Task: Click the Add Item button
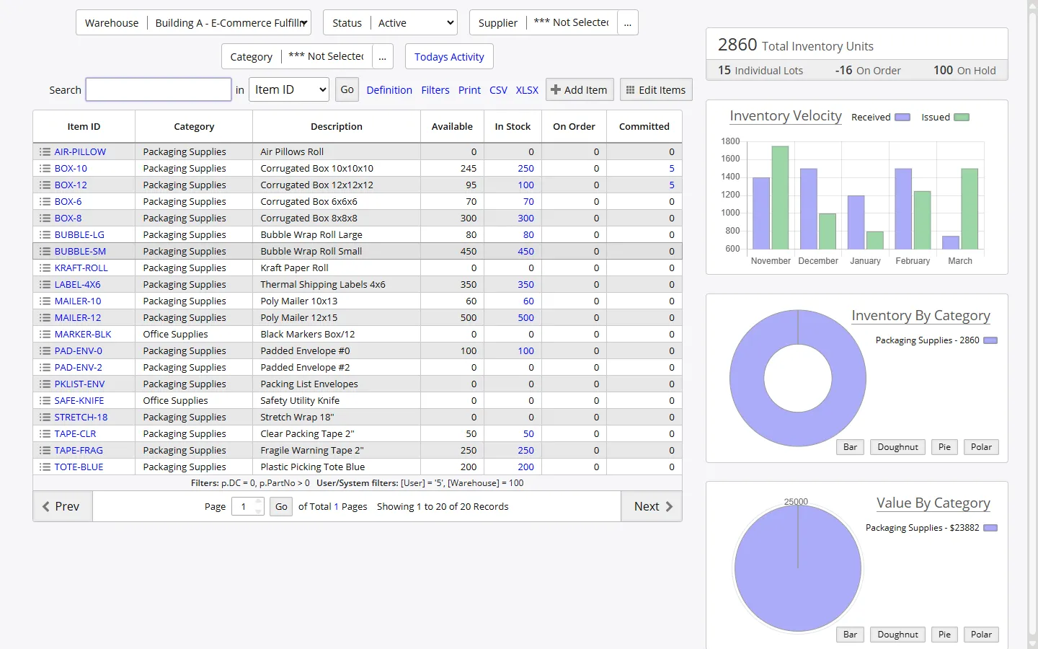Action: tap(580, 90)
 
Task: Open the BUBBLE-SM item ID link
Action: tap(80, 252)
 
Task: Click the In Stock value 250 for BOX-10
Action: tap(525, 169)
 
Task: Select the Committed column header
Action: tap(644, 127)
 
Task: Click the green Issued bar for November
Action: tap(780, 198)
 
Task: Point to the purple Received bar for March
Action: tap(951, 242)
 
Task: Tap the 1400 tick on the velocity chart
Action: tap(730, 177)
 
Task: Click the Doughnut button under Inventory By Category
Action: tap(897, 447)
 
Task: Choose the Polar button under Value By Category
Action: tap(981, 635)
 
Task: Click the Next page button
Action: tap(652, 506)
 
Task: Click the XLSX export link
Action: tap(527, 90)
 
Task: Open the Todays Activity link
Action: tap(449, 57)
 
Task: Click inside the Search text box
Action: tap(159, 90)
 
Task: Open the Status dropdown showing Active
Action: tap(414, 23)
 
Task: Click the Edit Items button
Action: tap(656, 90)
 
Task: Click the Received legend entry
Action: tap(871, 118)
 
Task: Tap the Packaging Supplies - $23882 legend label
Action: tap(922, 528)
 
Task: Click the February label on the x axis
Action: tap(913, 261)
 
